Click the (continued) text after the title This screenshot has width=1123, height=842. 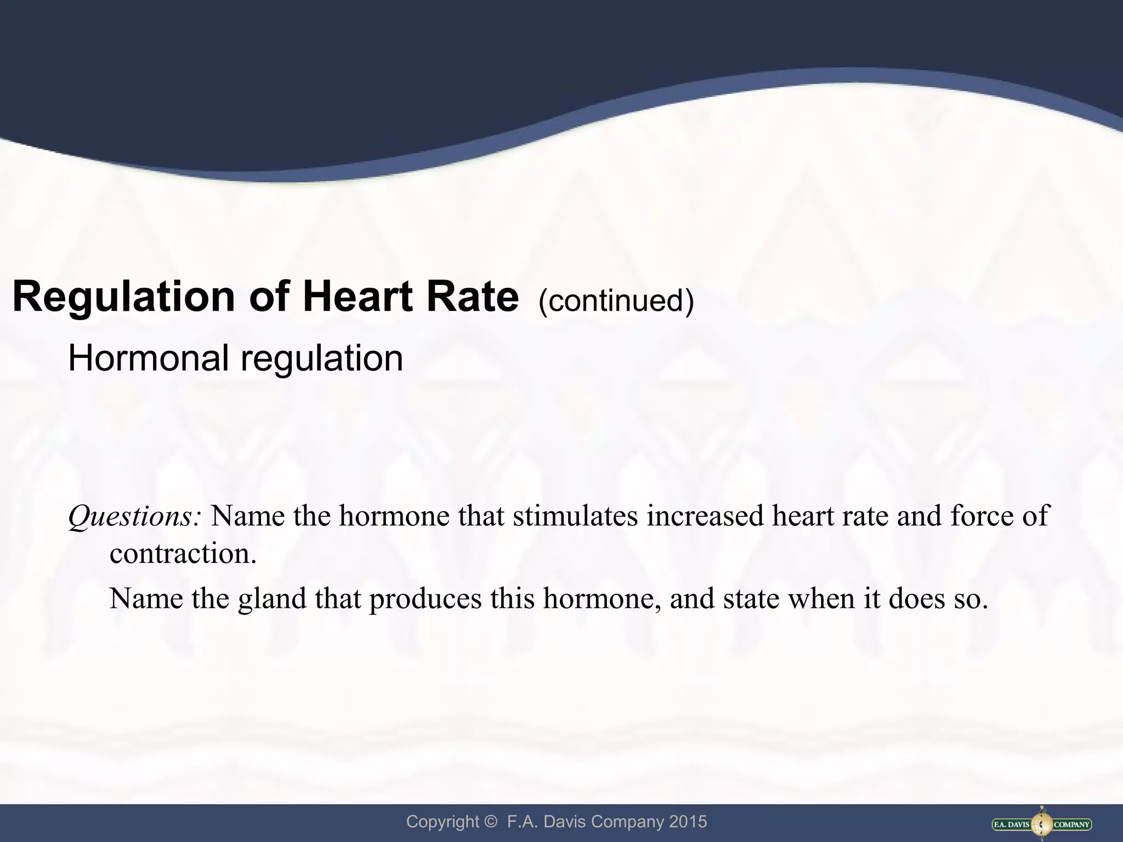[616, 300]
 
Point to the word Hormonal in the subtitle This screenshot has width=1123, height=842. [148, 359]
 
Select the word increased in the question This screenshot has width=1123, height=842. [705, 516]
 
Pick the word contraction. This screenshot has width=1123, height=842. [183, 554]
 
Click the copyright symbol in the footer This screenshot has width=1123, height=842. [490, 822]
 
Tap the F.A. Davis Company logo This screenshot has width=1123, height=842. [1042, 824]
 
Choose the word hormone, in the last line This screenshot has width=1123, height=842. [602, 599]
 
